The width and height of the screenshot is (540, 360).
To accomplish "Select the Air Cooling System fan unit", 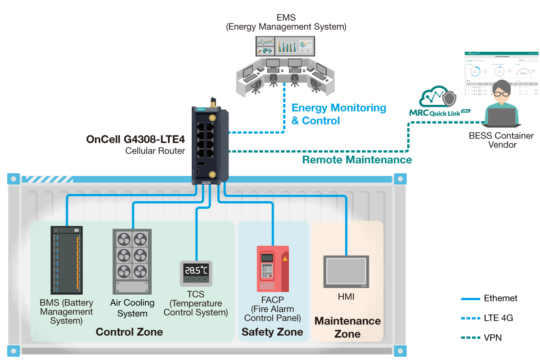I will coord(132,261).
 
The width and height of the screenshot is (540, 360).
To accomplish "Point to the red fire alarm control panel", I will coord(272,269).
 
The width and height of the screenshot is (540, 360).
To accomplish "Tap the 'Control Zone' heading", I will coord(129,332).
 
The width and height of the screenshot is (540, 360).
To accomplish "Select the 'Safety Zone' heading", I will coord(272,332).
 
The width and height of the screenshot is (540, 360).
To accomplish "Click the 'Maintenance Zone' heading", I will coord(347,327).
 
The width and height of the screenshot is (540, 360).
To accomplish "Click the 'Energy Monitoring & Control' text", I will coord(338,114).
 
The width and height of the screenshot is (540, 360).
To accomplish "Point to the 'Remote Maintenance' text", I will coord(357,160).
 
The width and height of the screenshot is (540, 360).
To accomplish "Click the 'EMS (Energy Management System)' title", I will coord(286,22).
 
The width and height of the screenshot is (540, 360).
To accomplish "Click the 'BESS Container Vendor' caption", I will coord(501,140).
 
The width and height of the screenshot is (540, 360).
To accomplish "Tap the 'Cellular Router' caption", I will coord(155,151).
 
